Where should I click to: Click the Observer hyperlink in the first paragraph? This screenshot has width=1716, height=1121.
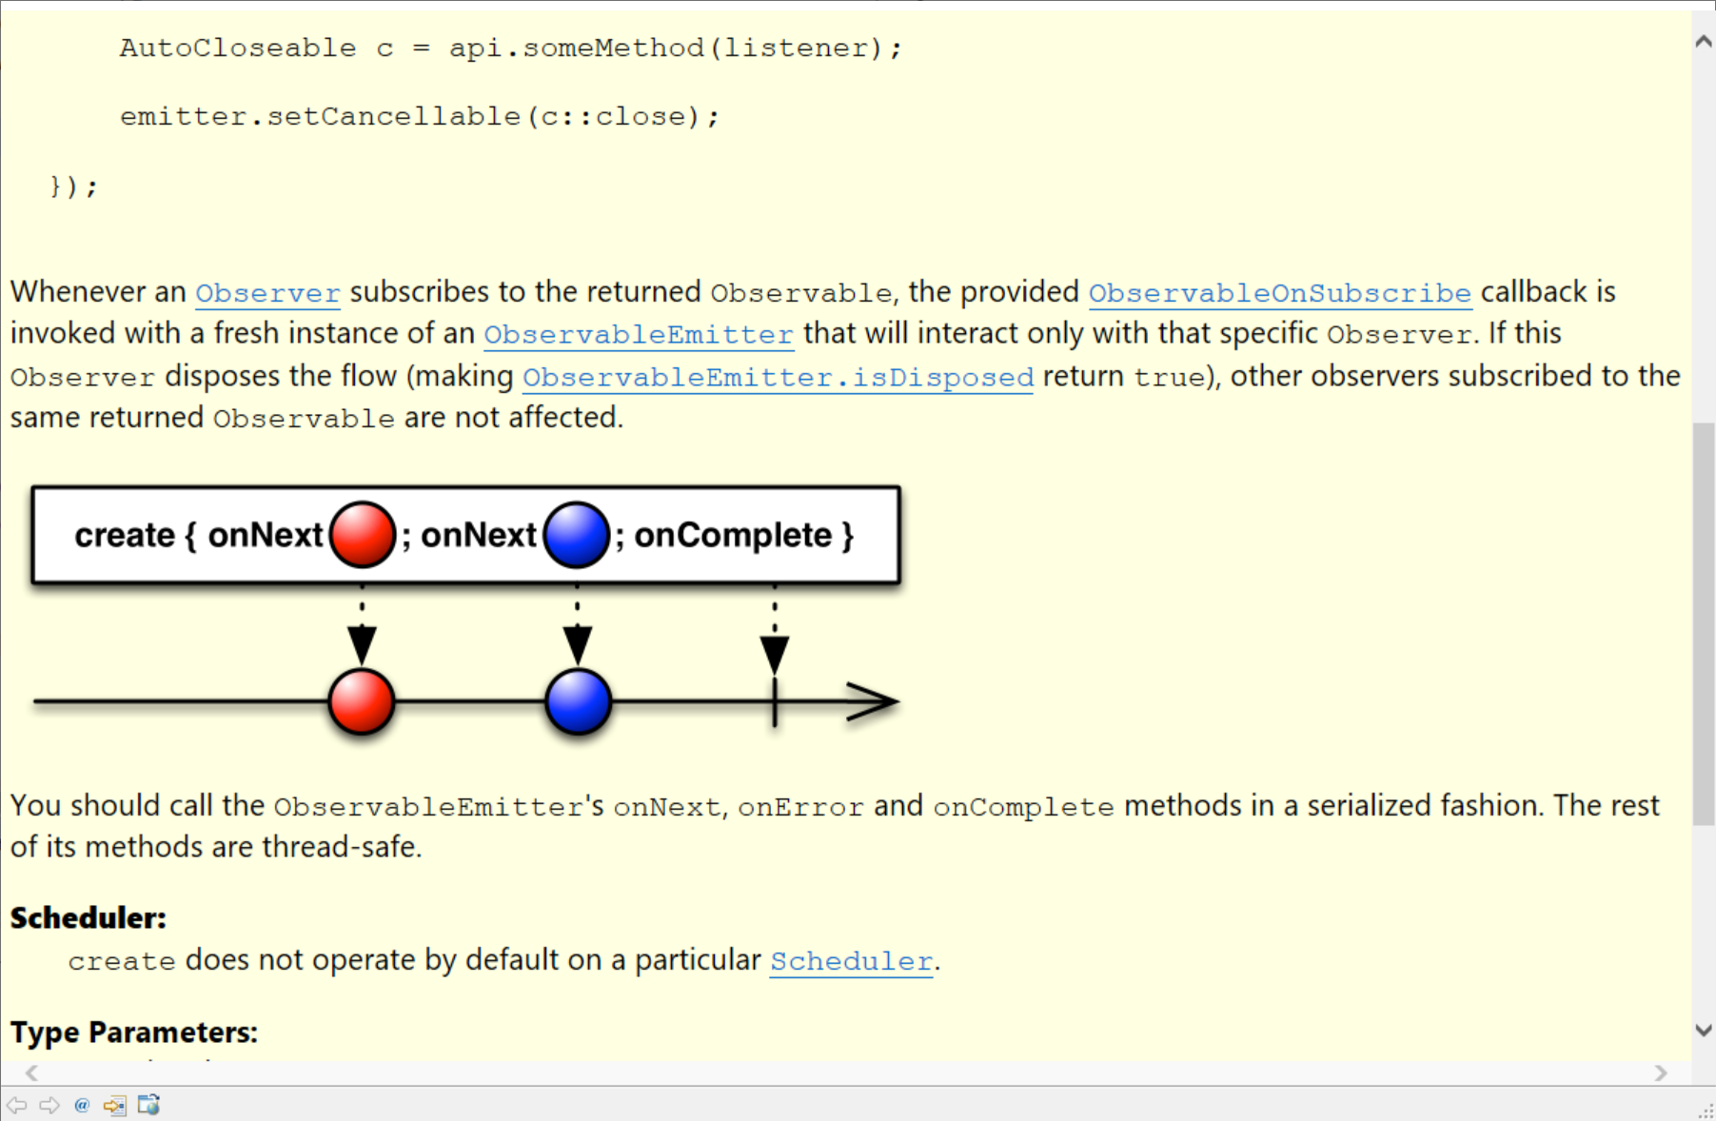(267, 293)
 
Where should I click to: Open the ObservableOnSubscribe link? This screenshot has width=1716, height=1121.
(1280, 293)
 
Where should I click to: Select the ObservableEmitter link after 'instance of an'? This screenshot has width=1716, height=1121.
(639, 335)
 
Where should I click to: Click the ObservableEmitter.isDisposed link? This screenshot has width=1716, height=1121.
(778, 378)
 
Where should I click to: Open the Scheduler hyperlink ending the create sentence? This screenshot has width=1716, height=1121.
(851, 961)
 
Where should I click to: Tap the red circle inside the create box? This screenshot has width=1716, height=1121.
(363, 535)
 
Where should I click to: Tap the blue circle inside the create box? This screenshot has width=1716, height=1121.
(577, 535)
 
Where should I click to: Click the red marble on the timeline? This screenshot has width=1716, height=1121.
(362, 702)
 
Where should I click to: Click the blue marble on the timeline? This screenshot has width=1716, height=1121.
(579, 702)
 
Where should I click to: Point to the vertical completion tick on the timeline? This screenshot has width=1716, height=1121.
(775, 702)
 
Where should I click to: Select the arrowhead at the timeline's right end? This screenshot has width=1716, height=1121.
(873, 702)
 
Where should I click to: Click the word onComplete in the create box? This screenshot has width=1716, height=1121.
(733, 536)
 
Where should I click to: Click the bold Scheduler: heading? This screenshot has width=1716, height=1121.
(89, 918)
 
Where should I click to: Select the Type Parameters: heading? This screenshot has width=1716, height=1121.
(134, 1032)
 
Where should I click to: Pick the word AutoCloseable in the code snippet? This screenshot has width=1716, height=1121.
(238, 49)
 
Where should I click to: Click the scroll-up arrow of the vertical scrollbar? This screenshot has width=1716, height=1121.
(1704, 42)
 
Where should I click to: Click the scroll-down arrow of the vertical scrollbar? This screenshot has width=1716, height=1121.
(1704, 1030)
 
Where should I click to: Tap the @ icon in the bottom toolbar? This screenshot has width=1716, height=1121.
(82, 1105)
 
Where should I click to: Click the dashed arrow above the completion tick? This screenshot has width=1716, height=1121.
(775, 630)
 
